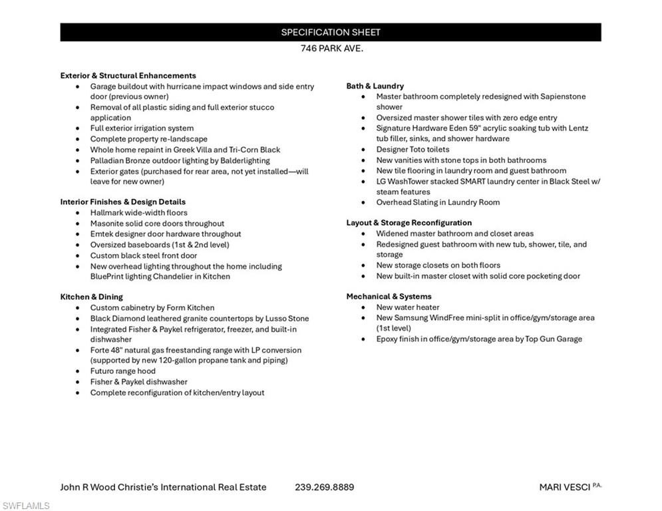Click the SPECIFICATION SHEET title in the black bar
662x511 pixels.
click(331, 32)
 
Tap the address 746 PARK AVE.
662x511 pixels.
click(331, 49)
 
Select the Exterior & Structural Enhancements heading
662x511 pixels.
click(128, 76)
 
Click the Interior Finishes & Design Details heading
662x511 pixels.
click(122, 202)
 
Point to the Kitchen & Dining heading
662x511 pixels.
click(91, 297)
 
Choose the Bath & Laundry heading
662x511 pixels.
click(375, 86)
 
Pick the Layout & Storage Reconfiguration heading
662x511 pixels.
click(409, 223)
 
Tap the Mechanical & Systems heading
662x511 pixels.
click(389, 297)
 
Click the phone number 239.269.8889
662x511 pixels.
click(324, 487)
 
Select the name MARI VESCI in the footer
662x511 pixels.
click(564, 487)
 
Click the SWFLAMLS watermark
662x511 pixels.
click(25, 506)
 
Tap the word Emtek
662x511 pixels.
click(101, 234)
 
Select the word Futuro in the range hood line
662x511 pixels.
click(102, 371)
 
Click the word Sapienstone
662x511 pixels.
click(561, 96)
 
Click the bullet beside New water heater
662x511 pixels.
click(363, 307)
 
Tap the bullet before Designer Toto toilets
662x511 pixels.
click(363, 150)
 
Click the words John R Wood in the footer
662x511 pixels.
click(86, 487)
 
